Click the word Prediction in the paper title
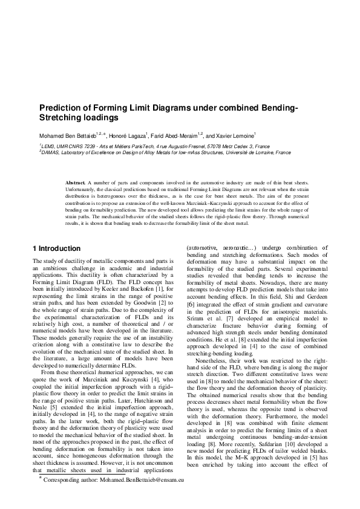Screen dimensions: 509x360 [x=62, y=108]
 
